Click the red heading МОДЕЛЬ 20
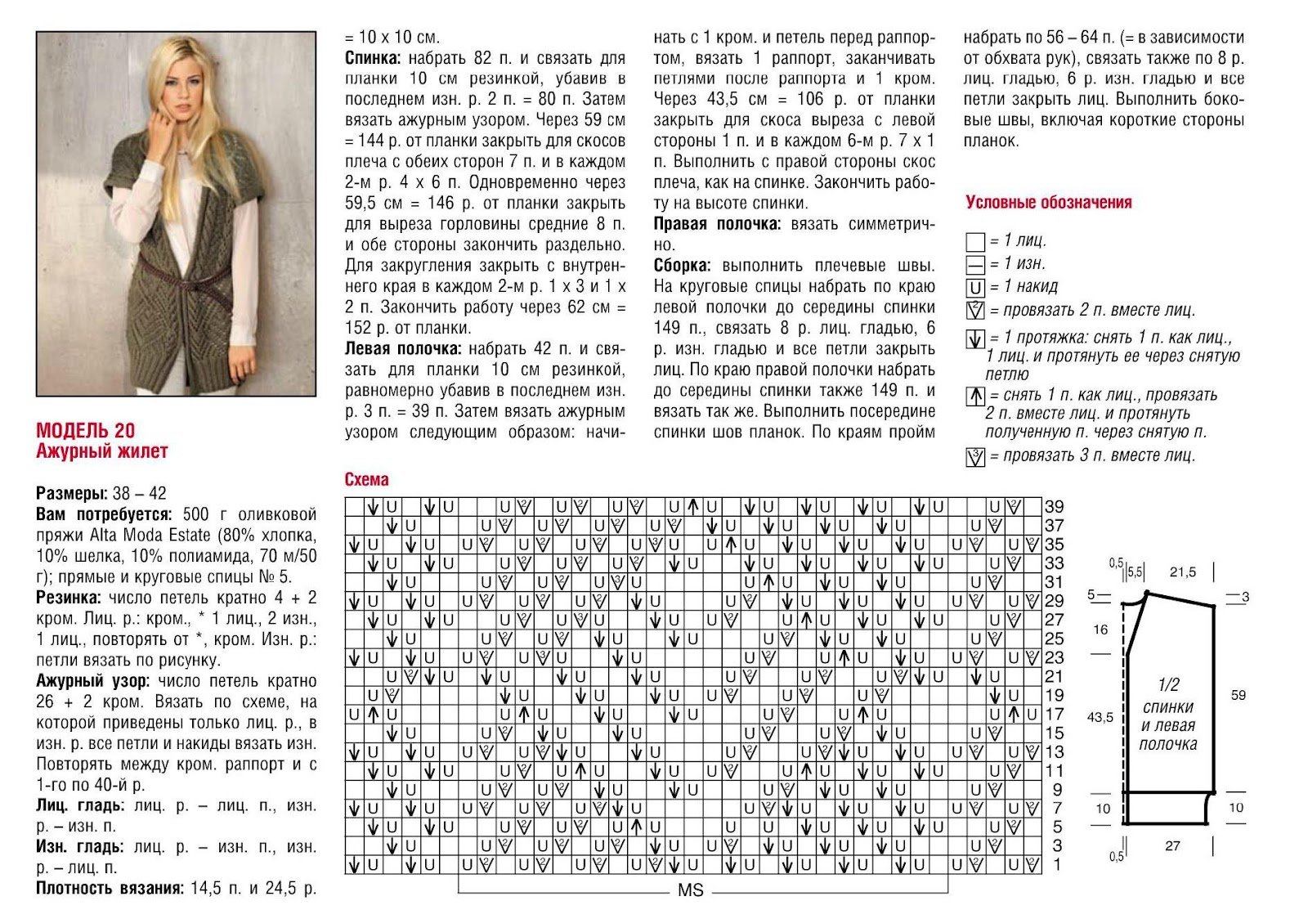(85, 431)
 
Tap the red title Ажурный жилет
(101, 451)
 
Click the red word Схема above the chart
(366, 480)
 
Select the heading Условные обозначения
(1048, 203)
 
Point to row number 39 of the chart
(1054, 507)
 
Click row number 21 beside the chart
(1054, 676)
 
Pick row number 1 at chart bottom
(1057, 864)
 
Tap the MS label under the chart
(691, 890)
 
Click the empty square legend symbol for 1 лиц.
(974, 242)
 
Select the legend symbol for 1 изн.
(974, 265)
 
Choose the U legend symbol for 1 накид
(974, 288)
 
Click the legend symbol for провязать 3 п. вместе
(974, 457)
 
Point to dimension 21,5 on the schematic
(1182, 572)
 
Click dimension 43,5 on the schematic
(1100, 717)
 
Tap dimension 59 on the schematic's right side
(1238, 695)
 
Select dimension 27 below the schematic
(1172, 846)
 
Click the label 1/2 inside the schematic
(1168, 685)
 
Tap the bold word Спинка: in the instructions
(372, 58)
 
